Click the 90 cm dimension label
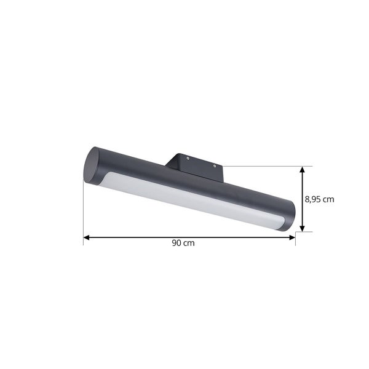183,243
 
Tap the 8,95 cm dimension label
319,199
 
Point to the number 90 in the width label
177,243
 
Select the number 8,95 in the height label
314,199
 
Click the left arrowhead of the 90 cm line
87,236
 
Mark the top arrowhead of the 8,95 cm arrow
301,169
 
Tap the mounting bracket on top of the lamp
196,164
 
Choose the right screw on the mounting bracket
214,165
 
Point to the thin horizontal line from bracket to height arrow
264,165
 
